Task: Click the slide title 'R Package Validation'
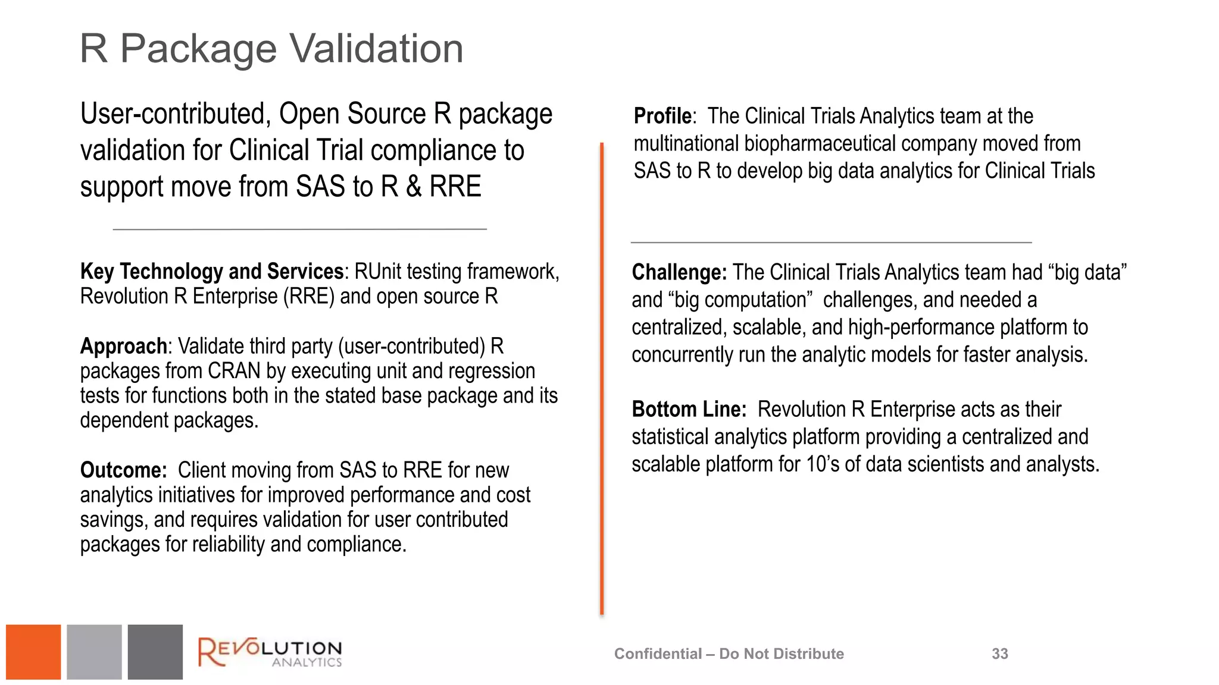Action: point(271,49)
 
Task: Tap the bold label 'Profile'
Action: point(662,116)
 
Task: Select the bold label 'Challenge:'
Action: point(679,272)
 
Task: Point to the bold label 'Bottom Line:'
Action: point(689,410)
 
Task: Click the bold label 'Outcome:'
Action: point(123,470)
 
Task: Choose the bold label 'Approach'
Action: point(123,346)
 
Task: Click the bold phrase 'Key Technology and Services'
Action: point(212,272)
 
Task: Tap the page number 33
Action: point(999,654)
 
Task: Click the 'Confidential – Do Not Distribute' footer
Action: point(729,654)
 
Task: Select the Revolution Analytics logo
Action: point(270,652)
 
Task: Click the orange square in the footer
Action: point(33,652)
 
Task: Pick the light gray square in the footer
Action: point(94,652)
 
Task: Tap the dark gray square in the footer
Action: point(155,652)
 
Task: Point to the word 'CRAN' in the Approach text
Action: point(234,371)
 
